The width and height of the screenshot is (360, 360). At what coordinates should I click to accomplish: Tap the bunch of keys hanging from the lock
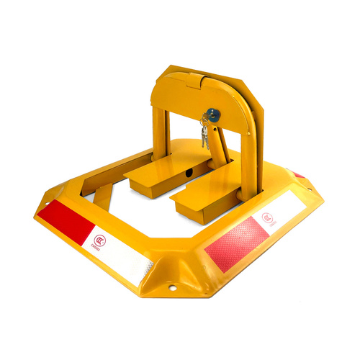[204, 133]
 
